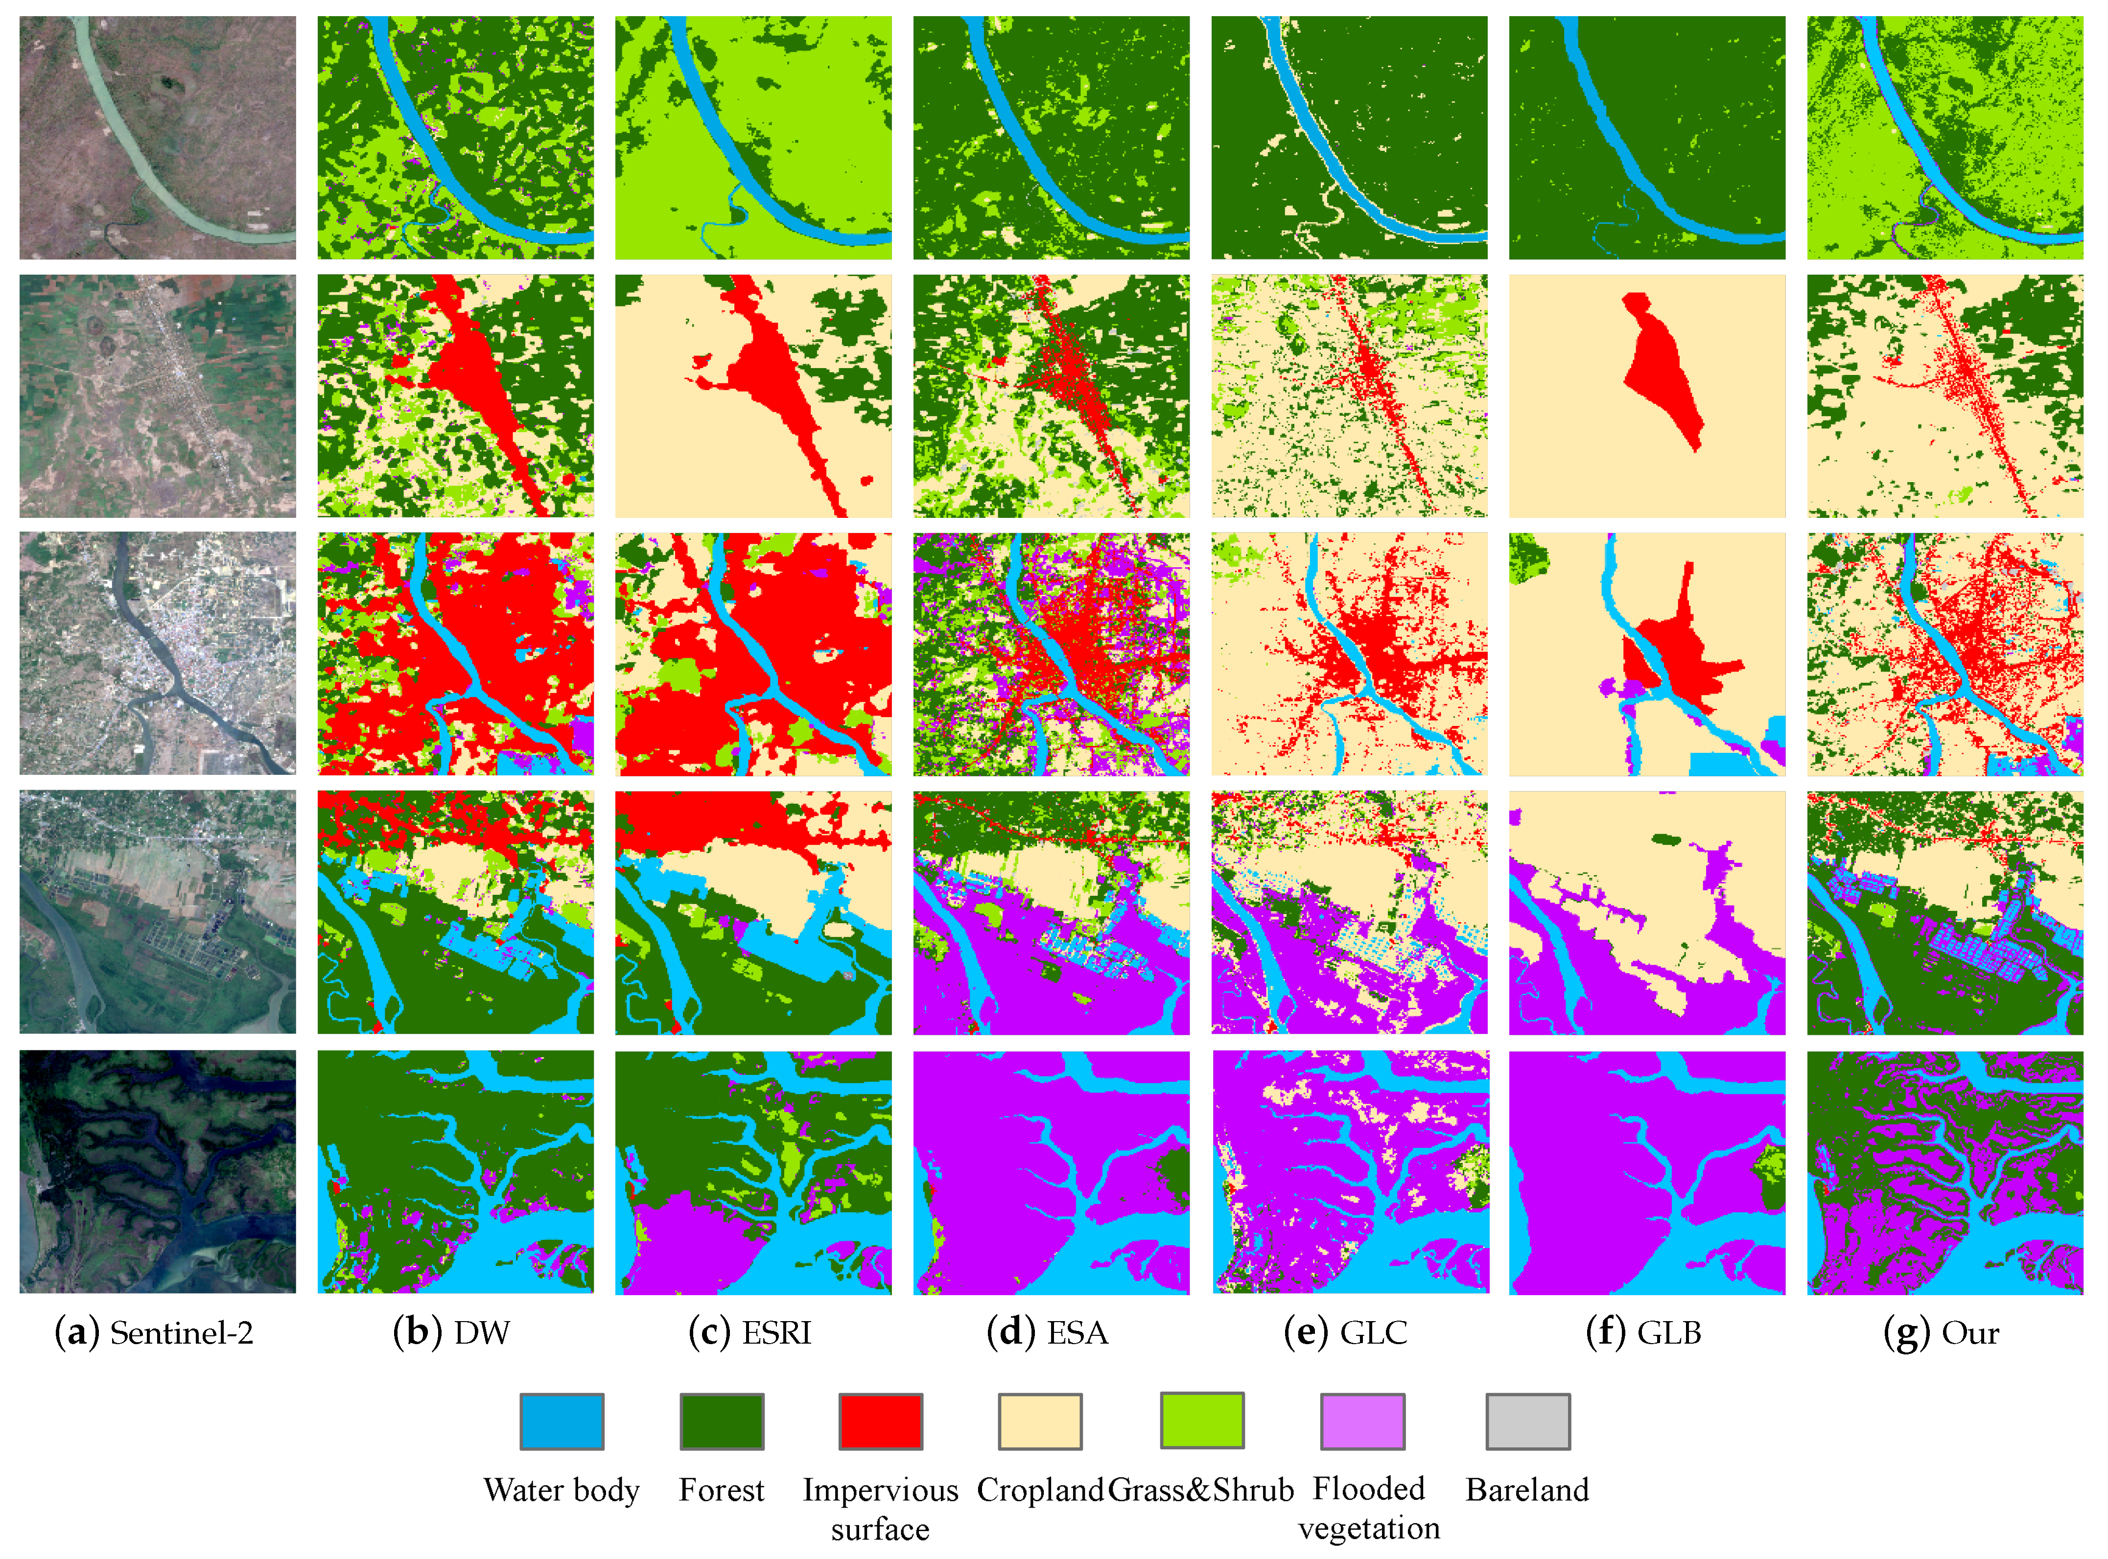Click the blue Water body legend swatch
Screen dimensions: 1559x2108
click(x=562, y=1421)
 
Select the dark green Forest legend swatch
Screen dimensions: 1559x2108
click(x=722, y=1421)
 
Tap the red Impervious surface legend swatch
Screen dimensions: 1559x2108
click(x=880, y=1421)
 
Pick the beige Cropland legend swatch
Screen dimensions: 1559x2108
click(x=1040, y=1421)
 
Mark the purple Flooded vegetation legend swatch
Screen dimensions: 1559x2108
click(x=1361, y=1421)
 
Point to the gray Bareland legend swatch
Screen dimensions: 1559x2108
click(x=1528, y=1421)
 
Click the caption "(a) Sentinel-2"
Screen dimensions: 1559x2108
click(x=155, y=1332)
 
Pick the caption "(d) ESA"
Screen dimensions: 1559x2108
click(x=1048, y=1332)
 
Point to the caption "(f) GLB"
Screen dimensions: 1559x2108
click(x=1644, y=1332)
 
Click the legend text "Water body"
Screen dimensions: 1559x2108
click(x=562, y=1490)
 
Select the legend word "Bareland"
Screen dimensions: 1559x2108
click(x=1528, y=1490)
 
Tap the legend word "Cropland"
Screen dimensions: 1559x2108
click(x=1040, y=1490)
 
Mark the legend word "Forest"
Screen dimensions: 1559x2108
click(x=722, y=1490)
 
